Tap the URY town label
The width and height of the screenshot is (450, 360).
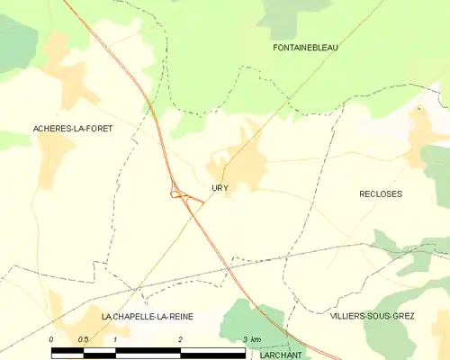220,188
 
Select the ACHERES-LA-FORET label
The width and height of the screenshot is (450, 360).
59,129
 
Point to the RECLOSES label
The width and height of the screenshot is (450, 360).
381,194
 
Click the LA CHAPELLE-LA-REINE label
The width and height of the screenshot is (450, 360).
147,317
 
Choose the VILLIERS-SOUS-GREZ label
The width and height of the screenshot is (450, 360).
372,317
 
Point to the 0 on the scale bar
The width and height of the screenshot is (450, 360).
51,338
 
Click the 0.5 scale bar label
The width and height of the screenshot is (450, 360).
83,338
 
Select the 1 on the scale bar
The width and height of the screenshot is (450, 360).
115,338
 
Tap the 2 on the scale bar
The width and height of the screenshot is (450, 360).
180,338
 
